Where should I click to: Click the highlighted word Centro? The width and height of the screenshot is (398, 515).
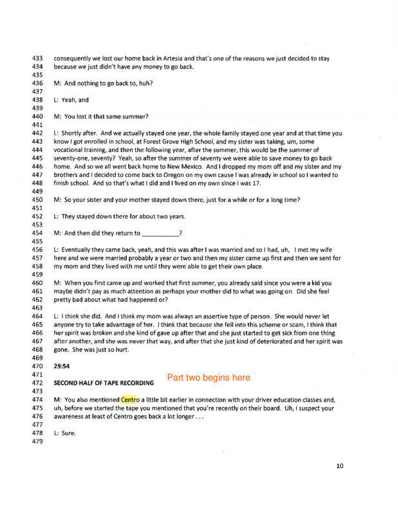coord(130,399)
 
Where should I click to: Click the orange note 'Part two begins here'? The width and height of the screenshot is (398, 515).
coord(209,378)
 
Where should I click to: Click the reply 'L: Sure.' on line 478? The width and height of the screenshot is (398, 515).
coord(65,433)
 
